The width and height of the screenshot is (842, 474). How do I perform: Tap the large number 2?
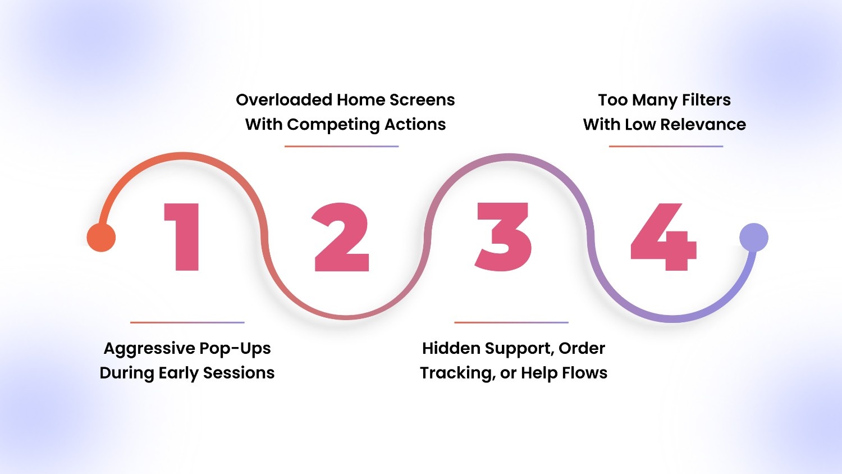tap(341, 237)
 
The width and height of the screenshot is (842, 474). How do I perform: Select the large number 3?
tap(503, 237)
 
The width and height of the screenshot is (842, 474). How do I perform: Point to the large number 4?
tap(664, 237)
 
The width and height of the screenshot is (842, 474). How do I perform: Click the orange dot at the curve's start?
tap(101, 237)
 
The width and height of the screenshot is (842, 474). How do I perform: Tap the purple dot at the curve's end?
tap(753, 237)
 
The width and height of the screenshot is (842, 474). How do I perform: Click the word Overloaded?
tap(284, 100)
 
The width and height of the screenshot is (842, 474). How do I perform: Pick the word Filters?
tap(706, 100)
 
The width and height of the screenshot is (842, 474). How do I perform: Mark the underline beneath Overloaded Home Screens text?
tap(341, 147)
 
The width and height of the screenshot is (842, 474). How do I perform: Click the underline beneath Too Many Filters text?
tap(666, 147)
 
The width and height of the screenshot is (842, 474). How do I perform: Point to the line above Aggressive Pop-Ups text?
tap(187, 322)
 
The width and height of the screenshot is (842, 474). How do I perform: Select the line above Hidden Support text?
tap(511, 322)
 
